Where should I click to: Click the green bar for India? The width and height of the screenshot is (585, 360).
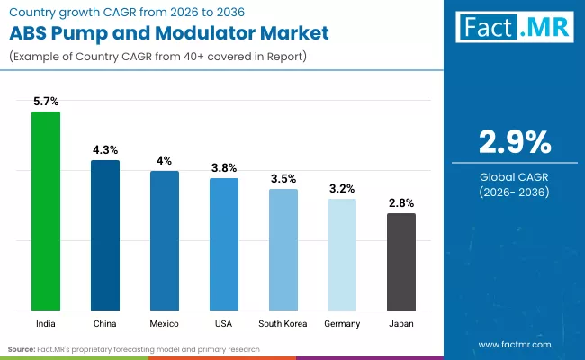[46, 211]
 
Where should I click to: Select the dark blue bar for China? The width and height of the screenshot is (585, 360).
[105, 235]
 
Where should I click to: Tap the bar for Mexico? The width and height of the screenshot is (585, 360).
[164, 240]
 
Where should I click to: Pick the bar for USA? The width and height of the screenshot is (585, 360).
[224, 244]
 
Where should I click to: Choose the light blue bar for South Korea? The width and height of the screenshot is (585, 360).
[283, 249]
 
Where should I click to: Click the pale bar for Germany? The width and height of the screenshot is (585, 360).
[342, 255]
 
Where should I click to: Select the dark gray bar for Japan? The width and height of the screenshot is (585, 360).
[401, 262]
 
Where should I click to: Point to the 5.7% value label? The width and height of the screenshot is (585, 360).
[46, 102]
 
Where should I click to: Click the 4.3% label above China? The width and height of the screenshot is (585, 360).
[105, 149]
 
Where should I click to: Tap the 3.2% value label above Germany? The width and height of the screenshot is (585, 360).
[342, 188]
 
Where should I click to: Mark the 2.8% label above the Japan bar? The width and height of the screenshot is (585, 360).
[401, 202]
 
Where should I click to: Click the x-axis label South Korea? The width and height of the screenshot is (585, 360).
[283, 323]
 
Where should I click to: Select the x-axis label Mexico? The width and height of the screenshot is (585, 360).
[164, 323]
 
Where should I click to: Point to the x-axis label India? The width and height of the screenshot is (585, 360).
[46, 323]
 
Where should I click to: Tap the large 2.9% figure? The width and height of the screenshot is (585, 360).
[514, 143]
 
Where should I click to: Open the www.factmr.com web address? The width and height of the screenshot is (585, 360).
[514, 344]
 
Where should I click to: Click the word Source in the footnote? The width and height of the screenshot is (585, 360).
[22, 348]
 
